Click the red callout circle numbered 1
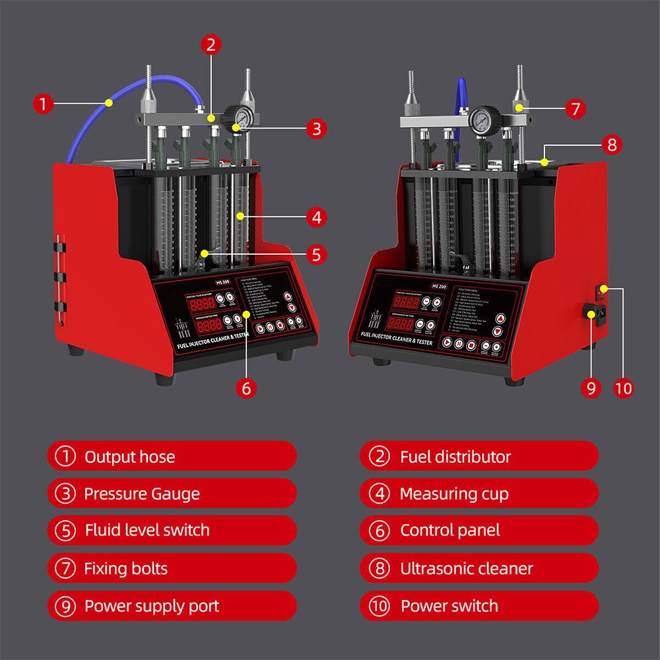coord(43,104)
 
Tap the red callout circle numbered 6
coord(246,388)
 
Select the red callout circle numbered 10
coord(623,388)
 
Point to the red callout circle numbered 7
coord(575,108)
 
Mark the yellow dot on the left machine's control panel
coord(246,315)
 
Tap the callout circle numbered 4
coord(317,216)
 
